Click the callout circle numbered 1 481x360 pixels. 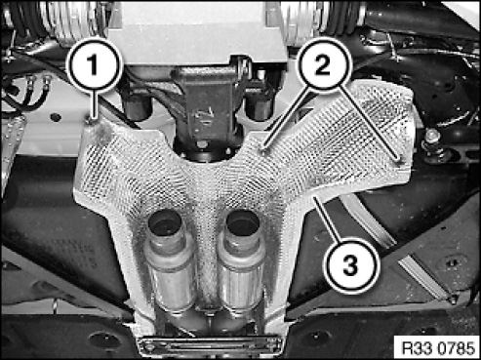(94, 64)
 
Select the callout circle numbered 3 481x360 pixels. (350, 264)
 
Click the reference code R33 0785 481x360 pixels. (438, 347)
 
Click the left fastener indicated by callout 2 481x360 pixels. (264, 149)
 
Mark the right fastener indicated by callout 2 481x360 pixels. (399, 160)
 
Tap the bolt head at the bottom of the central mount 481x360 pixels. (202, 143)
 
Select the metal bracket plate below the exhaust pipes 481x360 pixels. (210, 344)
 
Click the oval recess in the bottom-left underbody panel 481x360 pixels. (103, 340)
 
